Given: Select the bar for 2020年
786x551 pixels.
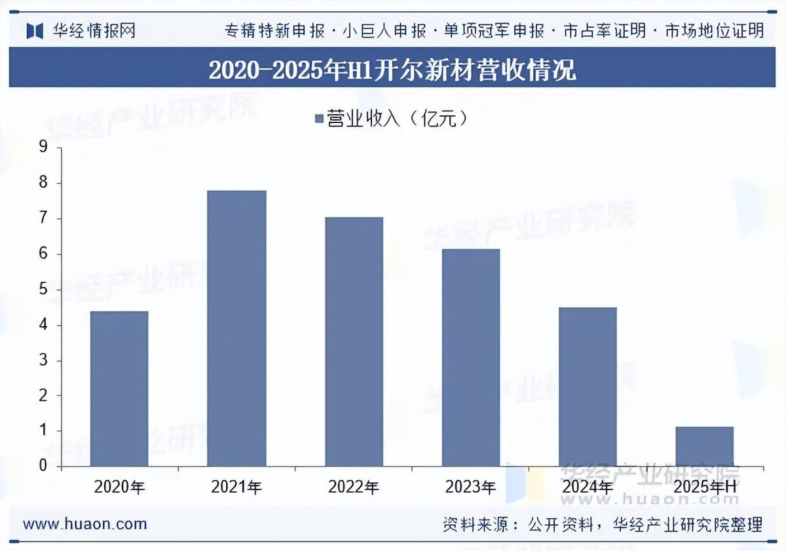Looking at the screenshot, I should pos(119,389).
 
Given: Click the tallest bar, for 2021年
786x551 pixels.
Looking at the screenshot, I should pos(236,328).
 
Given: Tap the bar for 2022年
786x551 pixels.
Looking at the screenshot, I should pos(354,341).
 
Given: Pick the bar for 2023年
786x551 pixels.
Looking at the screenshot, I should pos(470,357).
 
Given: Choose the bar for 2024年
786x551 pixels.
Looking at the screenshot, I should pos(588,387).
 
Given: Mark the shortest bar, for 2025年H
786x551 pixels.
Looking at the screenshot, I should pos(704,446).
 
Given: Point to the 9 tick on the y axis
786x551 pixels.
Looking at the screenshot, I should pos(44,147).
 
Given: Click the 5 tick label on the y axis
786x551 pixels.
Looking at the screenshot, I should pos(44,290).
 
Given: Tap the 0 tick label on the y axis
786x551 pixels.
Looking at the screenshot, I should pos(44,466).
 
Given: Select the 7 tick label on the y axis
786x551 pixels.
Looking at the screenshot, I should pos(44,218).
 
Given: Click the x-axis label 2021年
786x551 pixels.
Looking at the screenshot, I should pos(236,487).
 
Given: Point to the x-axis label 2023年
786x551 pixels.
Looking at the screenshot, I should pos(470,487).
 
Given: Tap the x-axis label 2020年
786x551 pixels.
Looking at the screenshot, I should pos(119,487).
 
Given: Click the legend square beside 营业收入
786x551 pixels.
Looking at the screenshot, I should pos(319,119).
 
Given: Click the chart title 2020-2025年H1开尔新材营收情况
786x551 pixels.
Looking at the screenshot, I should pos(392,69).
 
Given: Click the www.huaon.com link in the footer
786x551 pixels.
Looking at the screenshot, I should pos(85,524).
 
